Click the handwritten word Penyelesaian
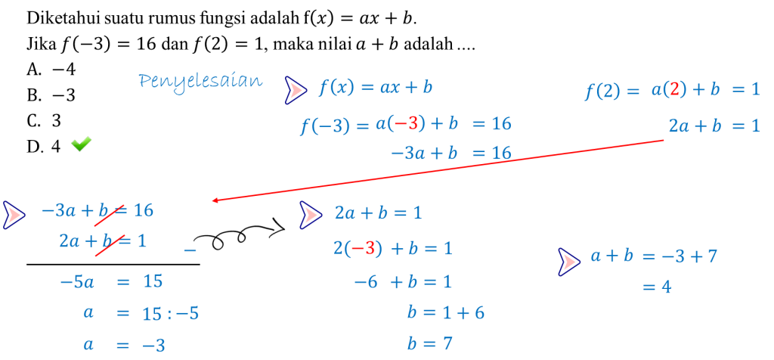[200, 80]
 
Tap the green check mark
[81, 143]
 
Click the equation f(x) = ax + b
[375, 88]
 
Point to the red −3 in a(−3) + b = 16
[406, 124]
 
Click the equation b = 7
[429, 344]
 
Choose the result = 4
[656, 287]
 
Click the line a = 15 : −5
[141, 313]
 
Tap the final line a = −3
[125, 345]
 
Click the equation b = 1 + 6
[445, 313]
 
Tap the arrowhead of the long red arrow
[215, 200]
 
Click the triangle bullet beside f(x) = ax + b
[295, 90]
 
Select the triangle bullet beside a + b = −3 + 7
[568, 262]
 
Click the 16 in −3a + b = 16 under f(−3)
[500, 153]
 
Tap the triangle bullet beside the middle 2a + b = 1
[310, 215]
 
